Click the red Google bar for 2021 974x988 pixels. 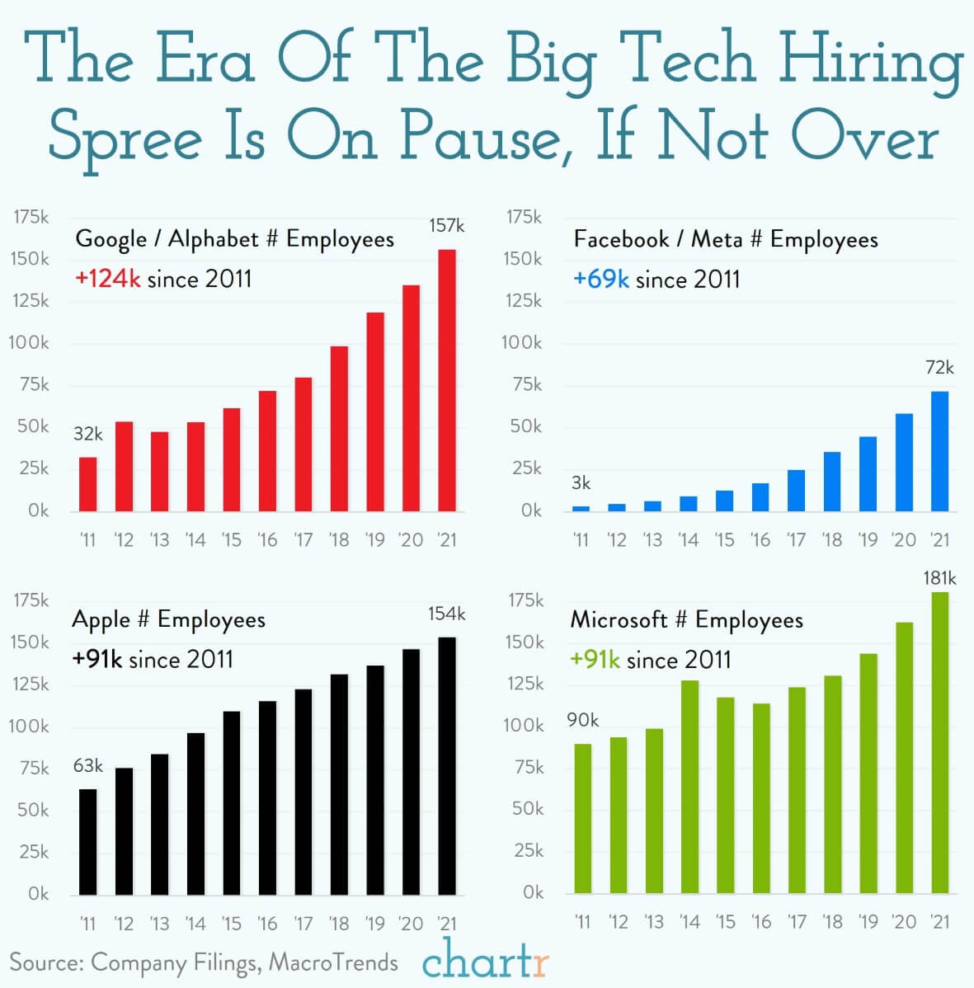pos(446,380)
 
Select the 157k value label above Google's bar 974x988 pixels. pos(446,226)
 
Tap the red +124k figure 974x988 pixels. pos(108,279)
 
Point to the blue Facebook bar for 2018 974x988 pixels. pos(831,482)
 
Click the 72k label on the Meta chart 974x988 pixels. pos(939,368)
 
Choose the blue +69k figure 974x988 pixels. pos(601,280)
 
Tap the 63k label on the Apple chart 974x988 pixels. pos(87,766)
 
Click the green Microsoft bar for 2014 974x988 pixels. pos(689,787)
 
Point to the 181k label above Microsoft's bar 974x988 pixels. pos(939,578)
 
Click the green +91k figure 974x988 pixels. pos(595,660)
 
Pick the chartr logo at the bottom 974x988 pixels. pos(485,960)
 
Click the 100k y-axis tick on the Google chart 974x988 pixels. pos(29,343)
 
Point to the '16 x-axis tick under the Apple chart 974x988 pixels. pos(267,924)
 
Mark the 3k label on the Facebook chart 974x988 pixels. pos(581,483)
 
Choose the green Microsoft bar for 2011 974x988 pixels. pos(582,819)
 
